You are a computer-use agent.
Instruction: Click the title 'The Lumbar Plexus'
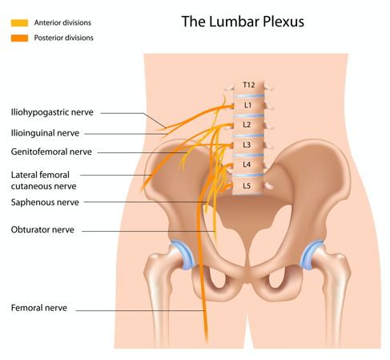coord(243,22)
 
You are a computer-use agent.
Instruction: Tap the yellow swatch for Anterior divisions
coord(19,23)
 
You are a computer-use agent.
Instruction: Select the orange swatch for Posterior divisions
coord(19,38)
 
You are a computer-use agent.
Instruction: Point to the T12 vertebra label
coord(248,85)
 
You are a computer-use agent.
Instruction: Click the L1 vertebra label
coord(247,105)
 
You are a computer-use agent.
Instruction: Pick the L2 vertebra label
coord(247,124)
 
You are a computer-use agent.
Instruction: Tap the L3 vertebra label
coord(247,144)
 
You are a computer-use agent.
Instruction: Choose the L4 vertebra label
coord(247,164)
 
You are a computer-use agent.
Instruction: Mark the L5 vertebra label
coord(247,185)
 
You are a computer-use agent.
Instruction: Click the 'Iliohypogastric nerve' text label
coord(52,112)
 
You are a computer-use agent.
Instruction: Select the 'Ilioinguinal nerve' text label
coord(45,133)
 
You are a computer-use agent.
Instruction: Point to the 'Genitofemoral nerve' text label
coord(51,152)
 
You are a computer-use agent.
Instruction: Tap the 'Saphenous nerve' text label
coord(45,202)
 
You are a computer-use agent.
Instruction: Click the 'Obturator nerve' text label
coord(42,229)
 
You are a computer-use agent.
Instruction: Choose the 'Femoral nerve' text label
coord(39,308)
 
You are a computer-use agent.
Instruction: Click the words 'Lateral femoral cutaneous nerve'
coord(43,180)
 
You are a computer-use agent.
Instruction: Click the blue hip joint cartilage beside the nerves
coord(183,253)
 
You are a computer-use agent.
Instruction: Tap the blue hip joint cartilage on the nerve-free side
coord(311,254)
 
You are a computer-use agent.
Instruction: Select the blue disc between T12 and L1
coord(248,95)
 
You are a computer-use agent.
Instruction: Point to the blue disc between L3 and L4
coord(248,155)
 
